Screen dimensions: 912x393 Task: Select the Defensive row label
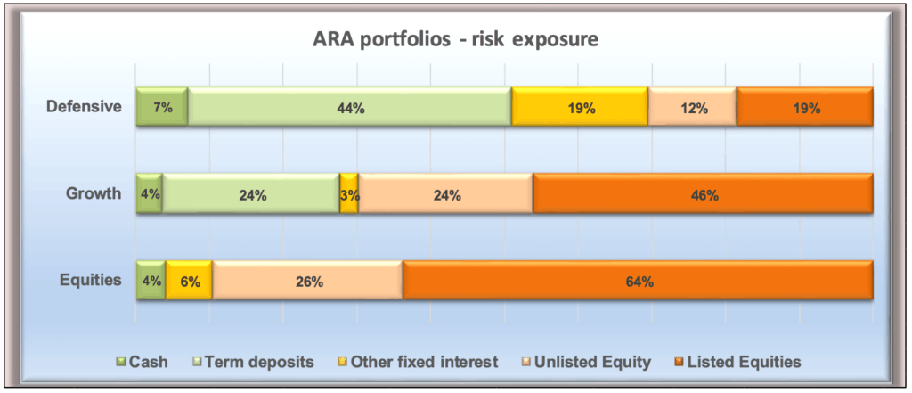tap(85, 107)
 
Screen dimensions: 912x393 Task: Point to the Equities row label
tap(91, 280)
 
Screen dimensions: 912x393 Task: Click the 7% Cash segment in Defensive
tap(162, 107)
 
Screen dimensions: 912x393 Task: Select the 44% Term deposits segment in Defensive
tap(349, 107)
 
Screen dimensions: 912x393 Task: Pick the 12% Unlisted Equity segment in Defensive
tap(692, 107)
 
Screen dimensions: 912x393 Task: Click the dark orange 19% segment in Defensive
tap(804, 107)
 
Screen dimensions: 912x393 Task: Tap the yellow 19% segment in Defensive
tap(580, 107)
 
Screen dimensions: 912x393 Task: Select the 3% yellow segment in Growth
tap(349, 193)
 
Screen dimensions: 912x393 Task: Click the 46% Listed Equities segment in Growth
tap(704, 193)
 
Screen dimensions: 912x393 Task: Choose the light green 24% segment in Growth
tap(250, 193)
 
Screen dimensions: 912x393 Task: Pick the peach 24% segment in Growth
tap(445, 193)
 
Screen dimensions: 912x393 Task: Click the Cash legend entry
tap(142, 362)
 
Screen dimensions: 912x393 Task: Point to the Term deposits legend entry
tap(254, 362)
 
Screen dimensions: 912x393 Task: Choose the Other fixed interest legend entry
tap(419, 362)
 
